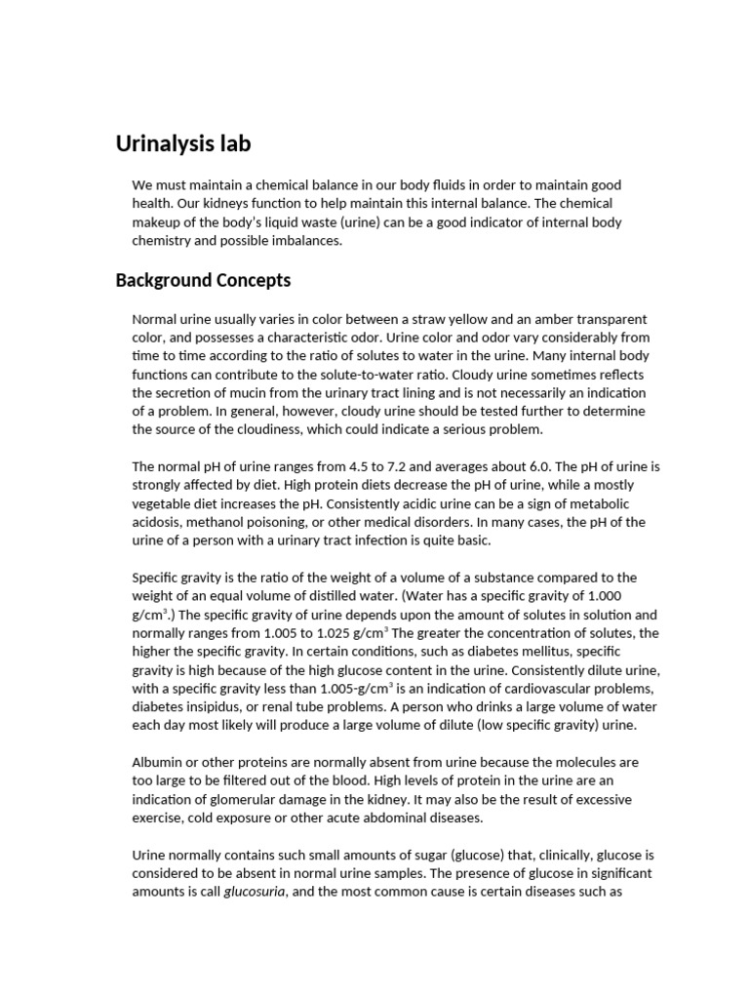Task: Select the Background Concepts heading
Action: point(203,281)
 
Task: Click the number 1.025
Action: point(320,632)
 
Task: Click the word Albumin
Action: point(157,762)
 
